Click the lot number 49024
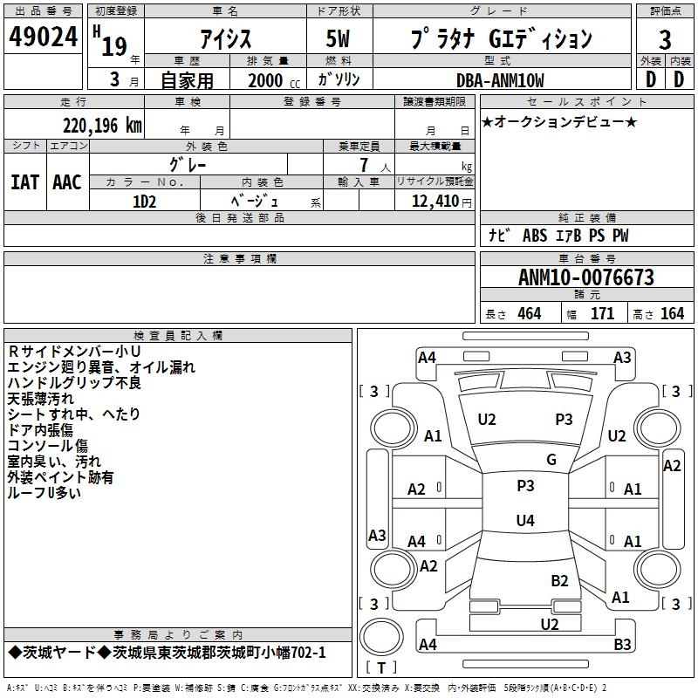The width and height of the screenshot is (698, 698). [x=43, y=37]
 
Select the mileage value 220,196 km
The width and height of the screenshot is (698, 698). [x=102, y=126]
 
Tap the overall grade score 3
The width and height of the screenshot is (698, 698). [x=665, y=40]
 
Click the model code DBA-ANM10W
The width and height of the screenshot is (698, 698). [x=500, y=80]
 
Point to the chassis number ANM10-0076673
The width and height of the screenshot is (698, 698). [x=586, y=277]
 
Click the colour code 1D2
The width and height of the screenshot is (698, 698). [x=144, y=202]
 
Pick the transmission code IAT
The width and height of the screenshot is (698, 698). [x=24, y=182]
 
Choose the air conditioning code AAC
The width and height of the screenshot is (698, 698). [x=67, y=182]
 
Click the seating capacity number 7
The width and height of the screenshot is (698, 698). [x=364, y=165]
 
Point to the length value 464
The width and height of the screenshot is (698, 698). [x=530, y=314]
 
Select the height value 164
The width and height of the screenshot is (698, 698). [x=672, y=314]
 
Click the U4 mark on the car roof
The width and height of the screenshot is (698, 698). [x=525, y=520]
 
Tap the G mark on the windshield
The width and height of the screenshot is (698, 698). [x=551, y=460]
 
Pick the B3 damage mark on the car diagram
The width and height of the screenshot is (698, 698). [x=622, y=644]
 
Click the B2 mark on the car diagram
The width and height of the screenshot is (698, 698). [x=559, y=581]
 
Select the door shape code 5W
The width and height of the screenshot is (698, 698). [x=338, y=38]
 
